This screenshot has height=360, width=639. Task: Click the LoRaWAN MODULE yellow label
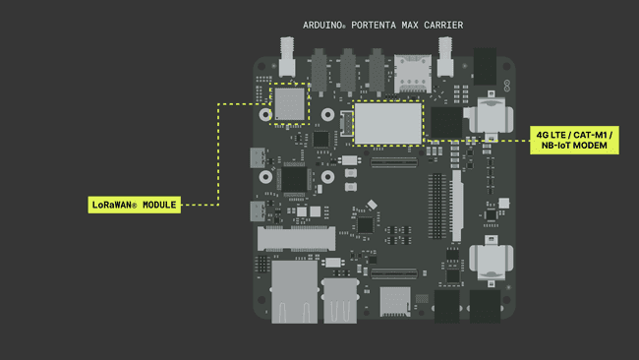click(x=133, y=205)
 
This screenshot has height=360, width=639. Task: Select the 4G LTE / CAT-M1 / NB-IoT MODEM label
click(x=573, y=140)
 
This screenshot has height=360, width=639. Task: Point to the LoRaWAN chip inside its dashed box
click(x=289, y=102)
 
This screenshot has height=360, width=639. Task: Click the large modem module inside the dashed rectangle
click(x=387, y=122)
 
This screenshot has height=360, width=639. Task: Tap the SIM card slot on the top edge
click(x=407, y=71)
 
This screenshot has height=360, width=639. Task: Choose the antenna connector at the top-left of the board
click(x=288, y=57)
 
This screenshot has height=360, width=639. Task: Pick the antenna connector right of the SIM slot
click(x=445, y=57)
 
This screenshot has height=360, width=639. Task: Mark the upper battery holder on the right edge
click(x=490, y=115)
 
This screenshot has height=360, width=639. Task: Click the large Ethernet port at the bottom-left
click(x=294, y=291)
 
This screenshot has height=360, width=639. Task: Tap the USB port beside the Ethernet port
click(x=339, y=299)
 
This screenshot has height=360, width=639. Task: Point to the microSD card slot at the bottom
click(x=395, y=300)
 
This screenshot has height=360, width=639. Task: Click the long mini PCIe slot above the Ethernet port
click(x=296, y=237)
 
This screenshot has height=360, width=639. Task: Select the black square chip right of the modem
click(x=446, y=122)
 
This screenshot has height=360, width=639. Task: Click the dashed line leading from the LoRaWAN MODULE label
click(x=216, y=157)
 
